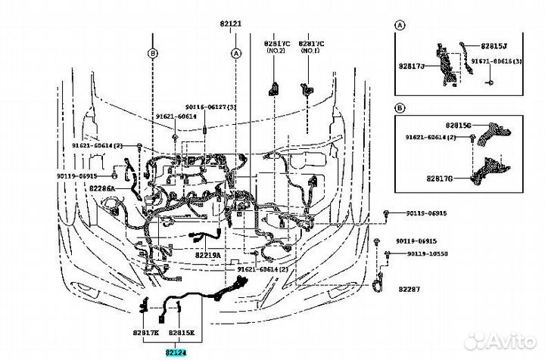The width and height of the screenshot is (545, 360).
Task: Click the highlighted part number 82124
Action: point(176,352)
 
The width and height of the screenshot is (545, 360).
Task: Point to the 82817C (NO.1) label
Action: point(311,48)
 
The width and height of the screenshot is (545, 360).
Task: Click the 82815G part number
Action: point(458,124)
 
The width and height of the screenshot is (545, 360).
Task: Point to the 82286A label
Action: point(101,188)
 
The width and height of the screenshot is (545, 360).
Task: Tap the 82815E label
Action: point(182,333)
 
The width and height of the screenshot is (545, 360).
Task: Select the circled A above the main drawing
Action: point(236,53)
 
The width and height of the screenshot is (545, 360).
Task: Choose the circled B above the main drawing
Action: point(153,53)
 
